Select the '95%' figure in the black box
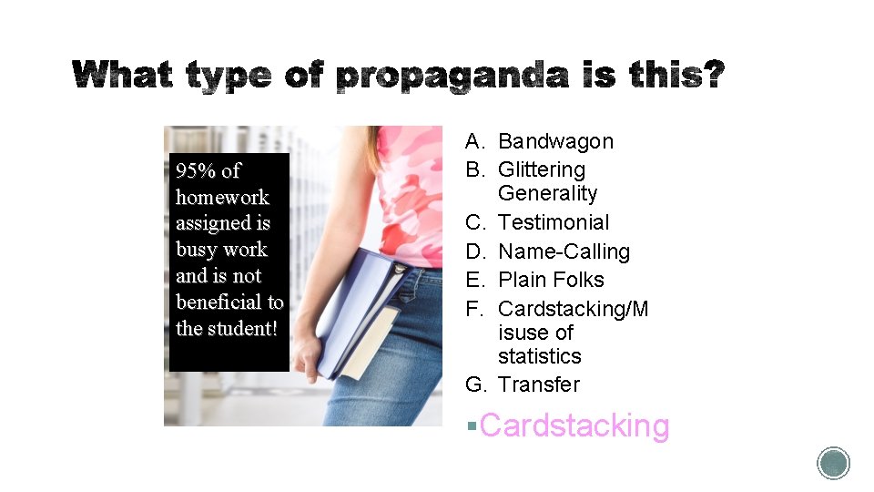coord(194,170)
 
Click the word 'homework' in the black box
coord(222,197)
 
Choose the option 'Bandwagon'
coord(555,141)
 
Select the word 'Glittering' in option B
coord(542,169)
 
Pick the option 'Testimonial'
coord(554,222)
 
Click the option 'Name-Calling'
coord(564,251)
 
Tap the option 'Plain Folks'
coord(551,280)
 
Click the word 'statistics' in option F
coord(539,356)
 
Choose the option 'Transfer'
coord(538,384)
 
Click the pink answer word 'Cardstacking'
coord(574,425)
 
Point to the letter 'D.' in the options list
coord(476,251)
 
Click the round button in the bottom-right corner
coord(833,463)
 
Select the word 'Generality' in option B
coord(547,193)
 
